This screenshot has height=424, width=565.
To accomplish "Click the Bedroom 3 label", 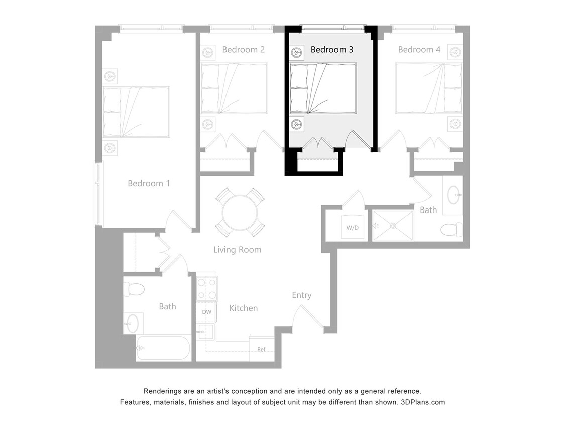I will [332, 50].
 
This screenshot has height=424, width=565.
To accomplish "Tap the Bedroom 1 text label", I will [149, 183].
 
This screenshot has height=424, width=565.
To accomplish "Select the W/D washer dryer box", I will [353, 227].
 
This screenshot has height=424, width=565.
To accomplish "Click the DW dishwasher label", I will [206, 312].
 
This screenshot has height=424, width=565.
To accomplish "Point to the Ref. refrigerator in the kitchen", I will [262, 349].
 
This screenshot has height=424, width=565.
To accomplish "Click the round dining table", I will [240, 213].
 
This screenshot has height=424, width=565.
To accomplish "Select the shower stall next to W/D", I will [393, 226].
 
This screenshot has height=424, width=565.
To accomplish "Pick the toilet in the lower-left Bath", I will [134, 289].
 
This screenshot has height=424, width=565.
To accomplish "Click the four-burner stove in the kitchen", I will [206, 289].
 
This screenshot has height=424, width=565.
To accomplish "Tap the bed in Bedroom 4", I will [428, 88].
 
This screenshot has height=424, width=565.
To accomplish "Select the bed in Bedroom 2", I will [234, 88].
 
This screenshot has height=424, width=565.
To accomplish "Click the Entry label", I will [302, 295].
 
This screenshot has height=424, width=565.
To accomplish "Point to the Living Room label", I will [237, 250].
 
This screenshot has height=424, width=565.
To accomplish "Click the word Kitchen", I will [244, 308].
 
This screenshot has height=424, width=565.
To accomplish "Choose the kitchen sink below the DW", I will [205, 332].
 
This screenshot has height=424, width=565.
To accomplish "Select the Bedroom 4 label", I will [419, 50].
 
